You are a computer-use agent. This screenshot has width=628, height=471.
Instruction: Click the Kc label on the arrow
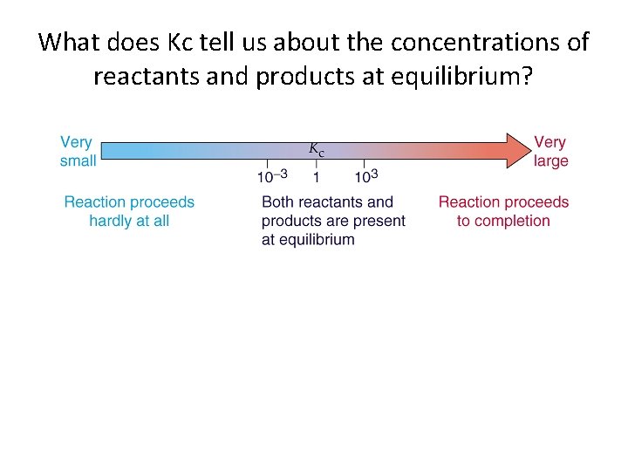click(317, 149)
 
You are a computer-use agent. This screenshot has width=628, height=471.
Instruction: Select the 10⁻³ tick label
click(271, 176)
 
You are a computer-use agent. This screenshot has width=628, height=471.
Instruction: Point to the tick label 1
click(316, 177)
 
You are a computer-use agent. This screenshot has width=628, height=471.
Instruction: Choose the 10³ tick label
click(365, 176)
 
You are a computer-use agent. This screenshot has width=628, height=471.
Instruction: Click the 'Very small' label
click(77, 151)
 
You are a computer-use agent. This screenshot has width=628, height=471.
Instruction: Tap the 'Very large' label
click(550, 151)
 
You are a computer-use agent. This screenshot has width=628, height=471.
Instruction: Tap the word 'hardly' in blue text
click(108, 221)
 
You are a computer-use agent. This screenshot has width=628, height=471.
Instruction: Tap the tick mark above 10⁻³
click(267, 164)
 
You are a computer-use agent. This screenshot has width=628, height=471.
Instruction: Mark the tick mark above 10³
click(364, 164)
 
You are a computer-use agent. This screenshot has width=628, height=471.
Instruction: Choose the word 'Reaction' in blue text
click(97, 202)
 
